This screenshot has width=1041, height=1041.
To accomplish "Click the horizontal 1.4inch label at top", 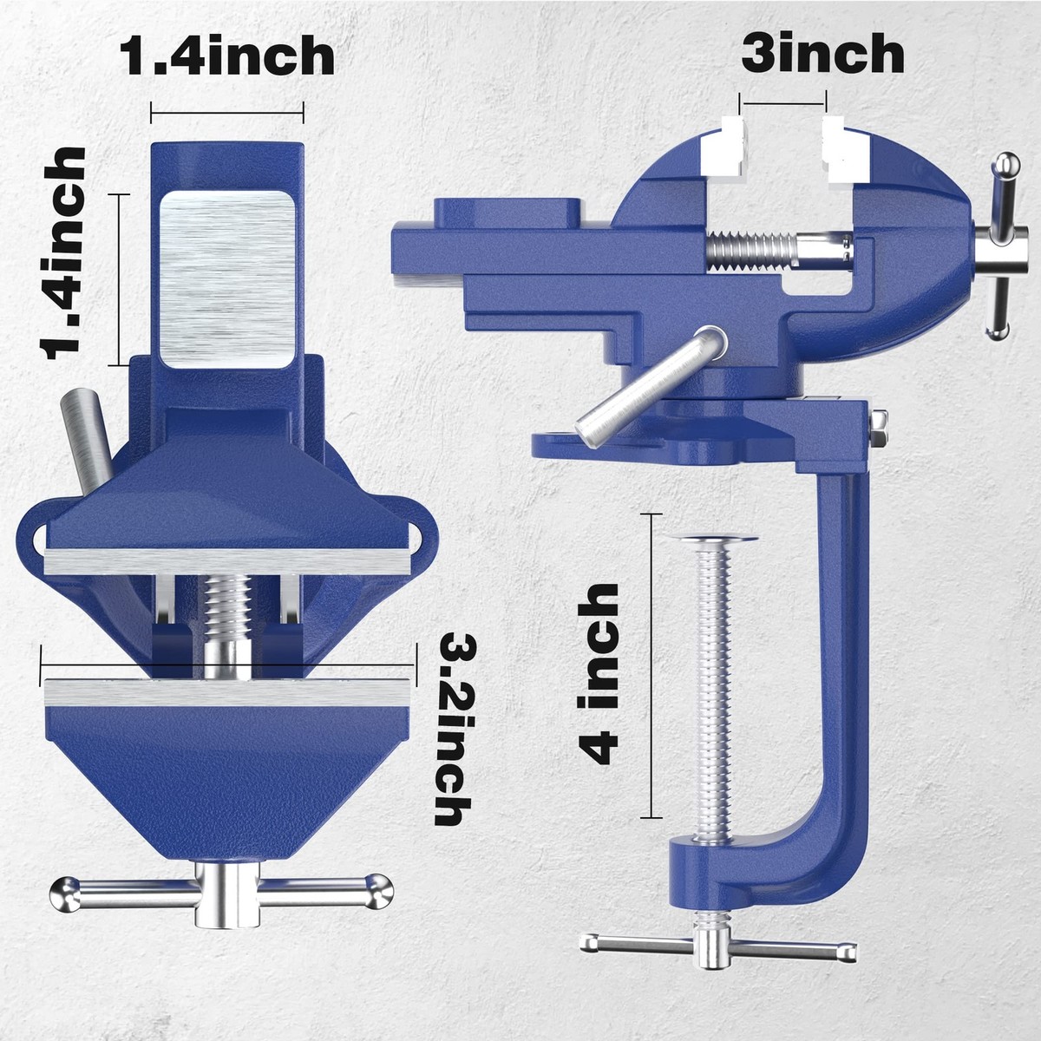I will tap(226, 56).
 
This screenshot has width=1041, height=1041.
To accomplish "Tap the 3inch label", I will tap(822, 55).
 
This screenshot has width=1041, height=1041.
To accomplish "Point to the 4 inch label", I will tap(601, 672).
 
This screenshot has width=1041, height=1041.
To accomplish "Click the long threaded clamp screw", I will tap(714, 685).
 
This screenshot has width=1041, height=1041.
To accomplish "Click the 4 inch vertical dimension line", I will tap(650, 664).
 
